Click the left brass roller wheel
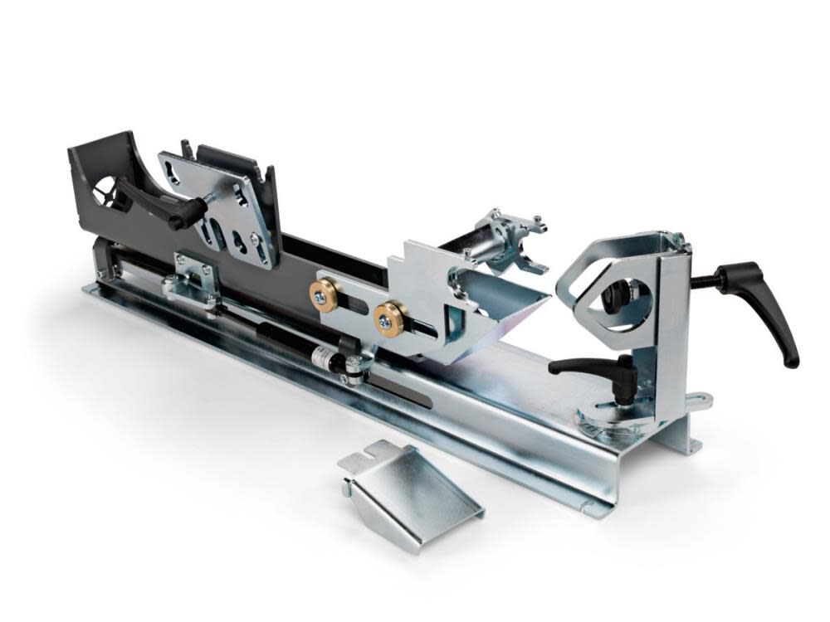[x=324, y=294]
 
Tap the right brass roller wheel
[x=388, y=318]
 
